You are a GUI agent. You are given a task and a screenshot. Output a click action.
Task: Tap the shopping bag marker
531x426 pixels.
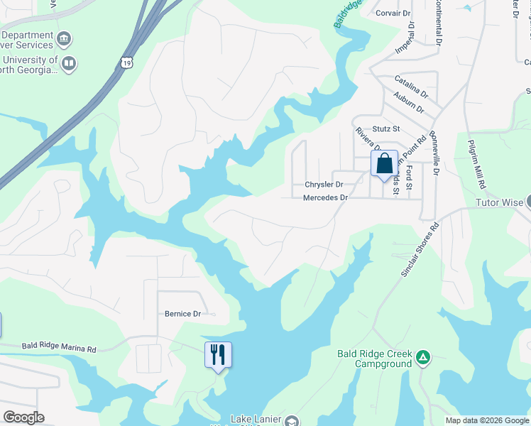384,164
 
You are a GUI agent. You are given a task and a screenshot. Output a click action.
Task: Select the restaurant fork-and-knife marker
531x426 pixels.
219,354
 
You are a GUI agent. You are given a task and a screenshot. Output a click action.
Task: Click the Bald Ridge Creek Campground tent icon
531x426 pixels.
423,356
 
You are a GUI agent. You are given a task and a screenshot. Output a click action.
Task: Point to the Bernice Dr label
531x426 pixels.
183,314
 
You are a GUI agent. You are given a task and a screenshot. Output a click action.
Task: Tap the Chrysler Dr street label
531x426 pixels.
324,185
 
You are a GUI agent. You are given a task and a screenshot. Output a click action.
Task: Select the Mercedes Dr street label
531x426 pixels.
326,198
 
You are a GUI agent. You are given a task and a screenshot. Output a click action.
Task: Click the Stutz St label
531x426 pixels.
387,129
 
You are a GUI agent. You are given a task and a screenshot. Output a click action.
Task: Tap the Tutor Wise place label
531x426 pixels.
498,202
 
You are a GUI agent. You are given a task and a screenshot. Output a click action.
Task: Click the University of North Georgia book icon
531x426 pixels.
69,65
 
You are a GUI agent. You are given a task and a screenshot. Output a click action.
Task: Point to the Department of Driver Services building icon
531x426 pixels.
65,38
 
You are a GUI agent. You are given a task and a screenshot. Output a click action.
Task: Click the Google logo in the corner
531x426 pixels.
23,417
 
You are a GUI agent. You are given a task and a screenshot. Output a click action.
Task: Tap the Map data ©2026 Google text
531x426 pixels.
487,420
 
